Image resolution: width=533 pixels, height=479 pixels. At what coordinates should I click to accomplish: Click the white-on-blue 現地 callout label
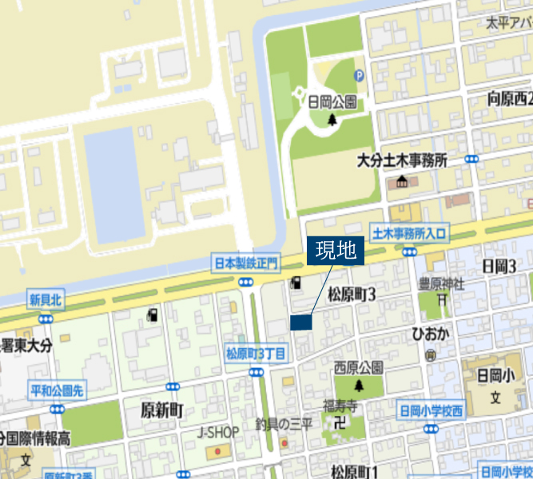tap(336, 251)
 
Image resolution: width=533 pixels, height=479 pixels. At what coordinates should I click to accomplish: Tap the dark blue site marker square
tap(300, 323)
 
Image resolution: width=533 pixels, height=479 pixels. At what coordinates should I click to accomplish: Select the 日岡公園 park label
tap(332, 102)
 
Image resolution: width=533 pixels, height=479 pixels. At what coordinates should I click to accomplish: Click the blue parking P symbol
tap(360, 76)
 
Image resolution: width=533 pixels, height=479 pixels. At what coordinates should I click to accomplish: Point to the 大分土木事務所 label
tap(401, 160)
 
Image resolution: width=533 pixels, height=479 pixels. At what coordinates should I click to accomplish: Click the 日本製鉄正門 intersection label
tap(245, 262)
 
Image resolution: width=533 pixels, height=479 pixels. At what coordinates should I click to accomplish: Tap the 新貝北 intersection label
tap(46, 299)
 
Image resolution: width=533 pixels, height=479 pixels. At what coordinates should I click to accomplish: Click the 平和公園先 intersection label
tap(56, 390)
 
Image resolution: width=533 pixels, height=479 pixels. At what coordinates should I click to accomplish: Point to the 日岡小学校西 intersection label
tap(431, 412)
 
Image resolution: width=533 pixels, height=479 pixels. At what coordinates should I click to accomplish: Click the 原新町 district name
tap(162, 410)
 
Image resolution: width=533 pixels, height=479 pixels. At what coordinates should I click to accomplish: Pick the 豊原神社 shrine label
tap(442, 283)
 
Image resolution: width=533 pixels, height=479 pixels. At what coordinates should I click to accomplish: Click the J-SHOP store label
tap(218, 433)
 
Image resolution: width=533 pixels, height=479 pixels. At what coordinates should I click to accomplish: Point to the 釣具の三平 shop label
tap(284, 424)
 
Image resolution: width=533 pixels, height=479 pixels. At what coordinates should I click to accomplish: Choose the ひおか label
tap(430, 334)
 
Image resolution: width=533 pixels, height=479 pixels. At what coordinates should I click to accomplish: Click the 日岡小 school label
tap(495, 374)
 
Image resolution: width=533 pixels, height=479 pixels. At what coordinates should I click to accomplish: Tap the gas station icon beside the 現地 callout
tap(296, 282)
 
